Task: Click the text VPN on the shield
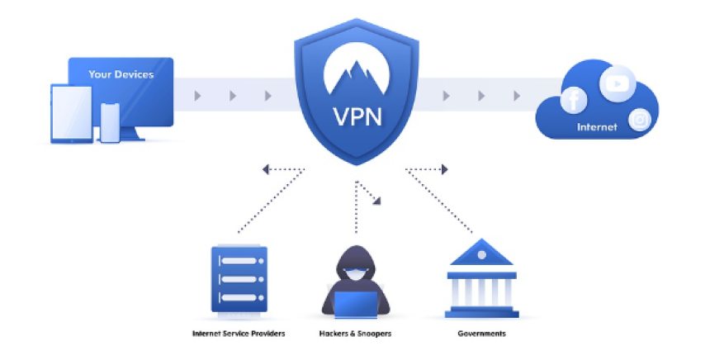point(357,116)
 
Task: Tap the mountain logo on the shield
point(357,69)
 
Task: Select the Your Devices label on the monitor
point(121,74)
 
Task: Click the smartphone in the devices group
point(110,123)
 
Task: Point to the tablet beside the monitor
point(72,114)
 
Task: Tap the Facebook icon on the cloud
point(573,100)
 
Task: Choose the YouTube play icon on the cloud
point(618,83)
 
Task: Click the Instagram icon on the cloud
point(640,120)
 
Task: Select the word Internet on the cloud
point(597,127)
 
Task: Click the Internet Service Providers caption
point(239,334)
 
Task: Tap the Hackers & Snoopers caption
point(356,334)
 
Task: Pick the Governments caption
point(482,334)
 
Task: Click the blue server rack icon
point(239,279)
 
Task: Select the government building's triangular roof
point(481,252)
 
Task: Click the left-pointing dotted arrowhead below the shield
point(266,169)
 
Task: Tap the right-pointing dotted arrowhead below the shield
point(445,169)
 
